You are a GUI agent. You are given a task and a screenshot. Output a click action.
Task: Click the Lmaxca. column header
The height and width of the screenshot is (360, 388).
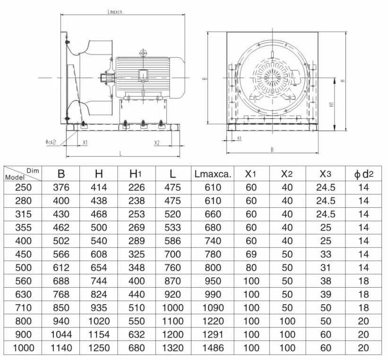[x=213, y=174]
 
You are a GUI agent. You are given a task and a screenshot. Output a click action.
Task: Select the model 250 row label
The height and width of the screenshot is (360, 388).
[x=23, y=187]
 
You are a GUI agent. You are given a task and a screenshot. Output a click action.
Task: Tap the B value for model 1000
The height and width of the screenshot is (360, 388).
[x=61, y=348]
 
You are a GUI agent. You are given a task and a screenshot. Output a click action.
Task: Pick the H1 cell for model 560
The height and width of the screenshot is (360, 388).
[x=137, y=281]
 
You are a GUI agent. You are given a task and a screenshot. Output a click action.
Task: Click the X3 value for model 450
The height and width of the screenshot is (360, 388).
[x=326, y=255]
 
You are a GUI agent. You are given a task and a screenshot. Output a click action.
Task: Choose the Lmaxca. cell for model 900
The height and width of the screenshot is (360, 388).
[x=213, y=335]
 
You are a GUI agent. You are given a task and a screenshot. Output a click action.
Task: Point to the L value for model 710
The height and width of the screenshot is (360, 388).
[x=172, y=308]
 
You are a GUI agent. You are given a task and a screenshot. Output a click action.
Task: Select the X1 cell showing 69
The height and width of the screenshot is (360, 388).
[x=251, y=255]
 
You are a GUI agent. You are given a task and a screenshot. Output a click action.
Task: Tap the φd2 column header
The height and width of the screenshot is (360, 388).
[x=363, y=174]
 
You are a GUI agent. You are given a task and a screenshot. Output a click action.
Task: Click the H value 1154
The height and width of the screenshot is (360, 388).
[x=99, y=335]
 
